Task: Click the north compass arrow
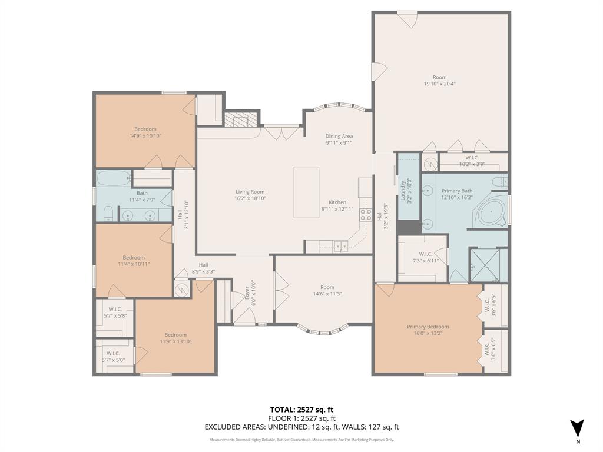click(578, 428)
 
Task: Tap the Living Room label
click(250, 192)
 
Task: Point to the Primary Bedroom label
click(428, 327)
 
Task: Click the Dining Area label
click(339, 136)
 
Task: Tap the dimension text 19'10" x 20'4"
click(439, 84)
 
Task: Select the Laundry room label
click(403, 190)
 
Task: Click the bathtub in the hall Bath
click(113, 178)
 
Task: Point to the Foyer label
click(247, 293)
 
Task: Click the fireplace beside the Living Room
click(241, 120)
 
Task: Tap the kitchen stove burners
click(366, 215)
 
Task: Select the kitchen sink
click(340, 247)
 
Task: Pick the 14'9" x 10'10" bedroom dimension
click(145, 135)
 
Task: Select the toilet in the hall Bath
click(107, 214)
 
